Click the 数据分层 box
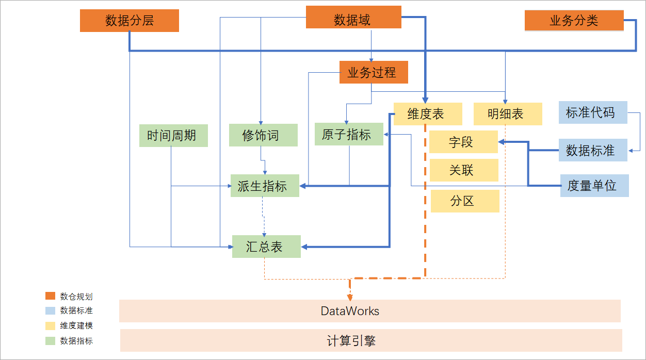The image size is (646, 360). pos(130,21)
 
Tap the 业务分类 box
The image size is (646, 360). pos(574,21)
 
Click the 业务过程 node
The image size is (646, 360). pos(374,72)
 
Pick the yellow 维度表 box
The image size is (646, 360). pos(426,114)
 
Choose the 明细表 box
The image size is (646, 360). pos(508,114)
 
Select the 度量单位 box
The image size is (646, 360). pos(594,186)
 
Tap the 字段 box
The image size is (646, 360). pos(463,142)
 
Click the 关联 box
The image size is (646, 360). pos(463,170)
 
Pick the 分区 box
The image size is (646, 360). pos(464,201)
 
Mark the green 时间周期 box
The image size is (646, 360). pos(173,136)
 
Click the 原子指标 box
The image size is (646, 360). pos(349,135)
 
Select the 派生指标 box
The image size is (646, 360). pos(265,186)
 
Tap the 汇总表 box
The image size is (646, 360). pos(266,247)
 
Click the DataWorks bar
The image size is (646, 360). pos(369,311)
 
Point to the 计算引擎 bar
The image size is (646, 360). pos(370,340)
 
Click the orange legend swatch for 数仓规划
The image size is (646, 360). pos(50,296)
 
